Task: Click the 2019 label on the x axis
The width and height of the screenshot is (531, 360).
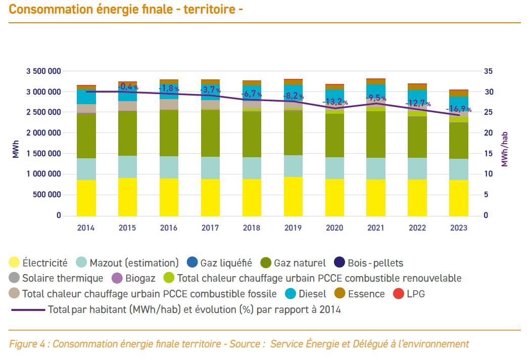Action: pyautogui.click(x=293, y=228)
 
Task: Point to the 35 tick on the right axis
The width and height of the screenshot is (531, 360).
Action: pyautogui.click(x=489, y=71)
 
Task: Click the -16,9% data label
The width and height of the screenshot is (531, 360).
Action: pyautogui.click(x=459, y=109)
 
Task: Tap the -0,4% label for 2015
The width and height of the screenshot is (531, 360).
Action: pyautogui.click(x=128, y=87)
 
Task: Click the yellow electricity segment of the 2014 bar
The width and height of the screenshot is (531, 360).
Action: pyautogui.click(x=86, y=197)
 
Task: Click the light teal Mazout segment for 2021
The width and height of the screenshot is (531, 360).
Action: pyautogui.click(x=376, y=168)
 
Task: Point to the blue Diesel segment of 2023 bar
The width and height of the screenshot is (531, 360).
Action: pyautogui.click(x=459, y=104)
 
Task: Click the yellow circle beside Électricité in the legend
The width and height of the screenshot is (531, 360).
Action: pyautogui.click(x=15, y=263)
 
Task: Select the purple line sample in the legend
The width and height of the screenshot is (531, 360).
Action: pyautogui.click(x=27, y=309)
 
